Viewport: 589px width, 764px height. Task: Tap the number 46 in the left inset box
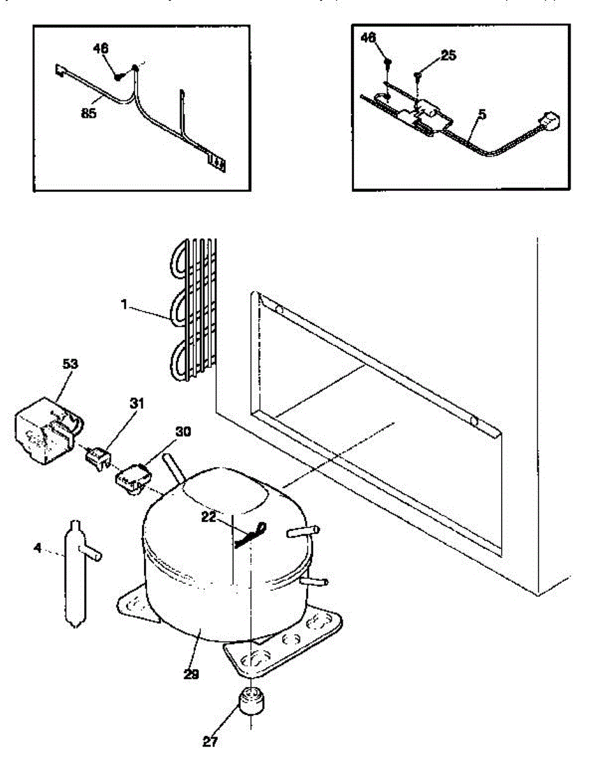tap(101, 48)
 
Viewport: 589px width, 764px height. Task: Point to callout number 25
tap(448, 56)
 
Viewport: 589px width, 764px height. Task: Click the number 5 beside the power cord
tap(483, 115)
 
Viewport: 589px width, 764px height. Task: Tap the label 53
tap(70, 364)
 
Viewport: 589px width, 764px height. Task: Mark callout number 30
tap(183, 432)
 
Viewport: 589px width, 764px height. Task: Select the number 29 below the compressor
tap(190, 674)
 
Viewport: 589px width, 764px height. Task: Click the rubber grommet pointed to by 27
tap(252, 703)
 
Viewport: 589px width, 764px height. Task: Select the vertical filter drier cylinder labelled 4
tap(75, 573)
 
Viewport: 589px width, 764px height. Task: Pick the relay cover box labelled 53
tap(45, 433)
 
